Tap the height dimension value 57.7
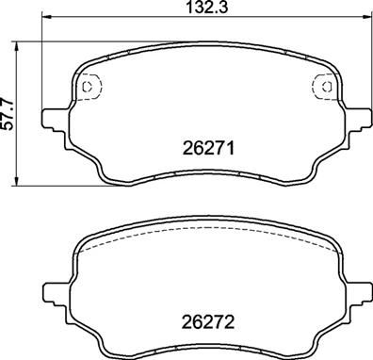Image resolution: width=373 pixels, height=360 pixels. tap(8, 112)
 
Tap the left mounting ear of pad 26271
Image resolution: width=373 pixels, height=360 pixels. tap(54, 119)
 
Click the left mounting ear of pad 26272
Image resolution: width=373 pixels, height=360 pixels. tap(54, 287)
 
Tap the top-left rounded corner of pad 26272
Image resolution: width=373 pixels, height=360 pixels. tap(83, 239)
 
